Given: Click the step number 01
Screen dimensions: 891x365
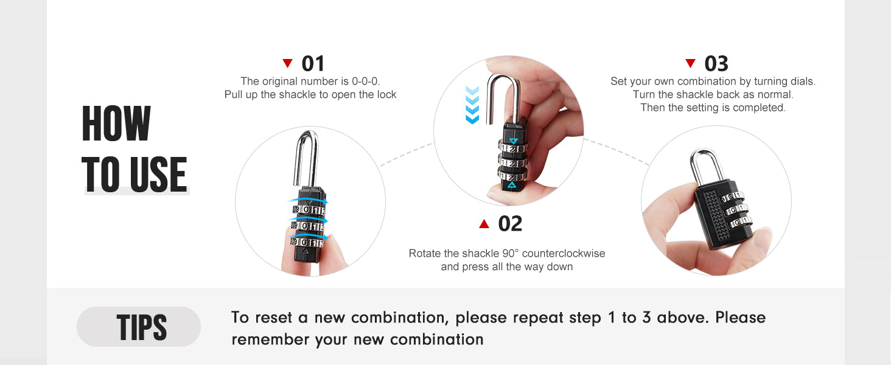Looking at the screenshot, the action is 313,64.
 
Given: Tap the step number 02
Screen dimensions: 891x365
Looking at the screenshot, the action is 510,224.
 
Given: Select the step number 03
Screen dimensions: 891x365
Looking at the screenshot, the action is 716,64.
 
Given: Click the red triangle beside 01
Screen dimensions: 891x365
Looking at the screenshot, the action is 288,63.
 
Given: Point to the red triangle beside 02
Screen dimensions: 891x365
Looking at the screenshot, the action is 484,224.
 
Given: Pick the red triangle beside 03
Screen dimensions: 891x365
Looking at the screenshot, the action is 691,63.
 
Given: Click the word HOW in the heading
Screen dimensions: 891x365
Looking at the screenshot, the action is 116,123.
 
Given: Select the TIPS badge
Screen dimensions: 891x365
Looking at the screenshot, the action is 138,327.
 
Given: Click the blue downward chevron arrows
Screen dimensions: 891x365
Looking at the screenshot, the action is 472,105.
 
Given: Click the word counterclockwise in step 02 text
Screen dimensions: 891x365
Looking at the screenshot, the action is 564,253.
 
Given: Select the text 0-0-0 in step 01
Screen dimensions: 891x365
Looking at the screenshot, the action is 366,81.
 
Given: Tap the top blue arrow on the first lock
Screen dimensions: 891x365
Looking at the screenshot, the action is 309,201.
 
